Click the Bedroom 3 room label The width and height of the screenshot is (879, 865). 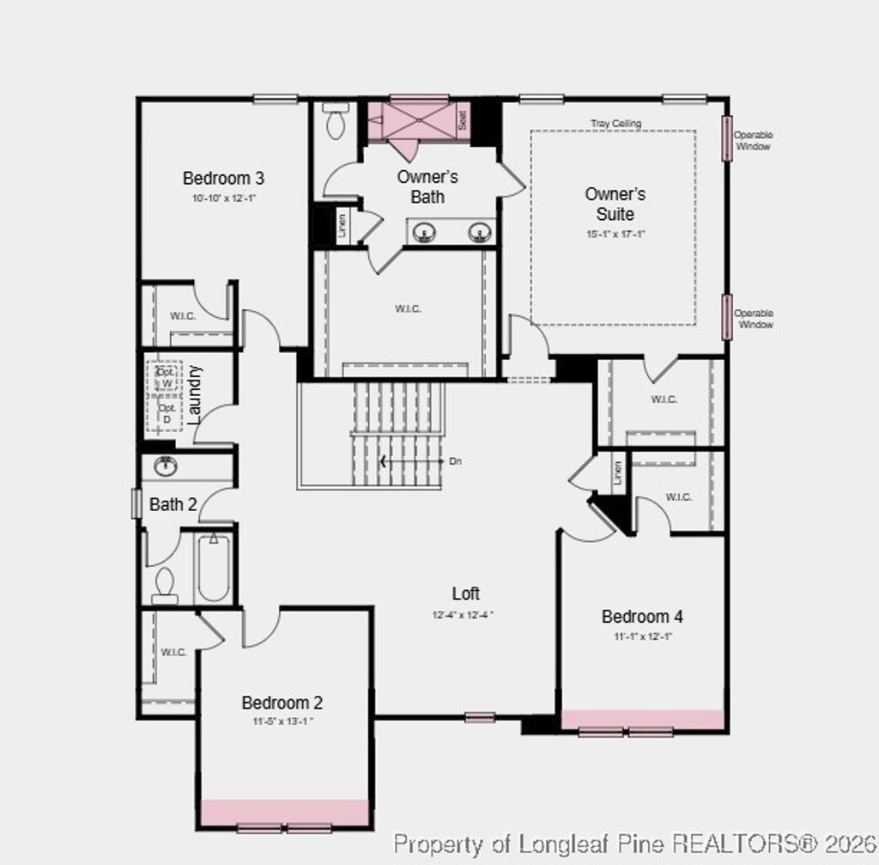click(223, 179)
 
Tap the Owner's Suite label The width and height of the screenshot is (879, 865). click(615, 204)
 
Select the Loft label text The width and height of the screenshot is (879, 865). click(466, 594)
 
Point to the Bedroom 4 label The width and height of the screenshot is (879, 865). click(642, 617)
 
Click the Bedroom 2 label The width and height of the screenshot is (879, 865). click(282, 703)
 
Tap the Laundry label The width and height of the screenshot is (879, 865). click(195, 394)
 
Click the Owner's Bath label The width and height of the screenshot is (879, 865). click(427, 186)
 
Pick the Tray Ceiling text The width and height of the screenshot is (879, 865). click(615, 124)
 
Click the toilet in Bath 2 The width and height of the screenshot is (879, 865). click(164, 584)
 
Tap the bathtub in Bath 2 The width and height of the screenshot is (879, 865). click(213, 568)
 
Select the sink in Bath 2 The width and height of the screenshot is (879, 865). click(166, 466)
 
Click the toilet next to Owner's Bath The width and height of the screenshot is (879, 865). click(336, 122)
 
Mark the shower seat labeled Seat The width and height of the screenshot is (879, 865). click(462, 120)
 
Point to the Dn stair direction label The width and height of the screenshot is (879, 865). click(455, 461)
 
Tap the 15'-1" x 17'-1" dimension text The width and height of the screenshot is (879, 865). click(615, 234)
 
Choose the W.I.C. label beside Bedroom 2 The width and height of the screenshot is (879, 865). click(173, 652)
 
